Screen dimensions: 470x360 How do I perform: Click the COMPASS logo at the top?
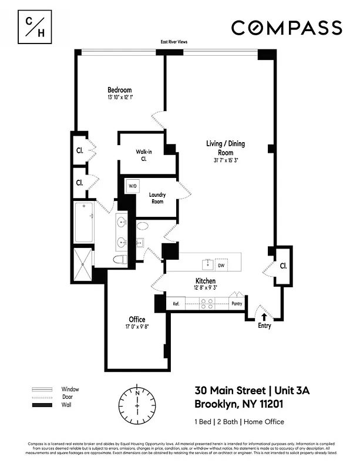tap(286, 28)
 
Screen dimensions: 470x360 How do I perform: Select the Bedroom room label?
tap(119, 89)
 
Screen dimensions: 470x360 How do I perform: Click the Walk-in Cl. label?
tap(144, 155)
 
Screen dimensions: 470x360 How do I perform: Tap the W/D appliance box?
tap(133, 187)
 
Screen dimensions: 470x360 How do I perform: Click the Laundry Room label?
tap(157, 198)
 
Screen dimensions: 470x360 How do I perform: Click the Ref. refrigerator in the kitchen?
tap(176, 304)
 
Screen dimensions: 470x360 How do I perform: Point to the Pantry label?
tap(237, 304)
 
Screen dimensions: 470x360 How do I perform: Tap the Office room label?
tap(137, 320)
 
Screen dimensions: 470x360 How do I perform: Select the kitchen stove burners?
tap(207, 304)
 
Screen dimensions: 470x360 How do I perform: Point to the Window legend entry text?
tap(70, 390)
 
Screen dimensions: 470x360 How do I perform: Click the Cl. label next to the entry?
tap(283, 266)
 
